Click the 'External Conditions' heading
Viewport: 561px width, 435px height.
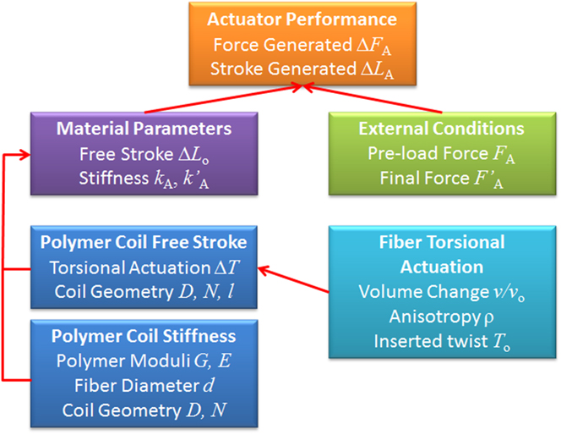point(440,129)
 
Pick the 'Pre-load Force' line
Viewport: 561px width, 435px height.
point(440,154)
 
